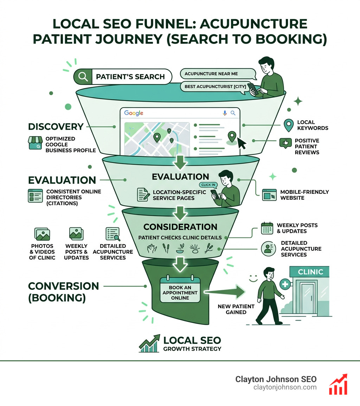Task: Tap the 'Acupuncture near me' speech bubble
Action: [x=217, y=74]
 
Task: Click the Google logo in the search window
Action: [x=134, y=113]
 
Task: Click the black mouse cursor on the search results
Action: [x=242, y=143]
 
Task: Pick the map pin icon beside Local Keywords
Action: [x=289, y=125]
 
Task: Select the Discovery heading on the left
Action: [x=56, y=127]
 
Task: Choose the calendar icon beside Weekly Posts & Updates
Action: [x=267, y=228]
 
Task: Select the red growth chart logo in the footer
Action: [x=338, y=384]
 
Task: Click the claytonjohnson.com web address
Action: [x=285, y=387]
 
